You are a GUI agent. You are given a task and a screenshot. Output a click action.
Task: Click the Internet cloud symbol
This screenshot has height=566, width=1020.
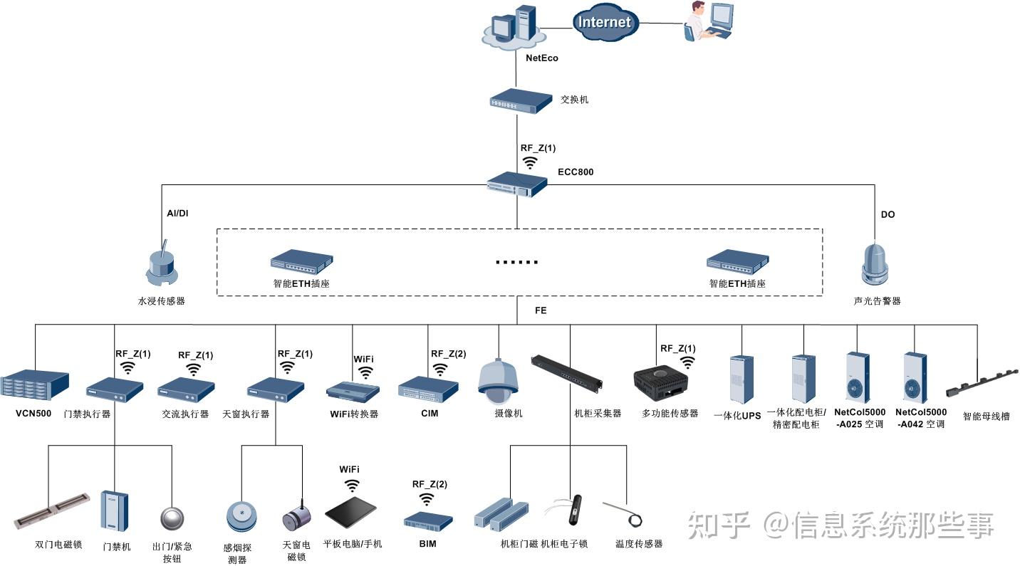coord(604,22)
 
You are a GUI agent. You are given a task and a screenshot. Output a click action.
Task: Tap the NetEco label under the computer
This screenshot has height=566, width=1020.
coord(541,58)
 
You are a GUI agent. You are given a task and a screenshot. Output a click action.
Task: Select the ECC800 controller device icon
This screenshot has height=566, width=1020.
coord(517,185)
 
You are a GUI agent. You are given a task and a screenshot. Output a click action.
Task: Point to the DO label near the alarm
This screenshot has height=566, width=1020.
coord(888,214)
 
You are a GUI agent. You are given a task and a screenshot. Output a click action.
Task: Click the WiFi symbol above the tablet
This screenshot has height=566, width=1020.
coord(352,486)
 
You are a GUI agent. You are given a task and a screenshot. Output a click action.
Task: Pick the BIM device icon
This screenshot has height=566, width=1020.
coord(427,520)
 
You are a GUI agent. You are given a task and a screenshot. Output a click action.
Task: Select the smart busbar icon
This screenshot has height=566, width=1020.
coord(981,385)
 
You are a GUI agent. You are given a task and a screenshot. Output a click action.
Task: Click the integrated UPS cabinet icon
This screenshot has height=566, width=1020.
coord(741,380)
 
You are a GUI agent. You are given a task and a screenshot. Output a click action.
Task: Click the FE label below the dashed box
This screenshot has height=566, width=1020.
coord(541,311)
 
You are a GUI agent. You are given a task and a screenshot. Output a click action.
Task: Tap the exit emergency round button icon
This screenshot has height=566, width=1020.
coord(172,517)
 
